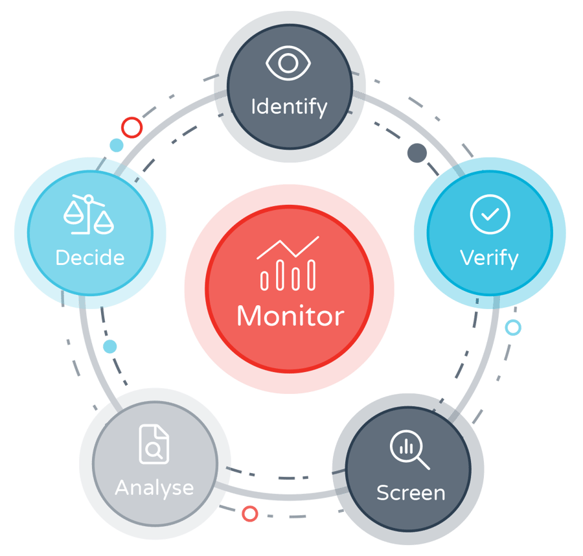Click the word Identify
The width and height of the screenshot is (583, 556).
pos(289,106)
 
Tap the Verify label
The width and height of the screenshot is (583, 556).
pos(489,258)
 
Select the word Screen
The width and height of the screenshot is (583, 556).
pos(411,492)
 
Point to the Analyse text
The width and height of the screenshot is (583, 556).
pos(154,487)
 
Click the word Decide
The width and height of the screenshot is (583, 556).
pos(90,257)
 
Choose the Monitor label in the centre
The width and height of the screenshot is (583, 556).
pos(290,316)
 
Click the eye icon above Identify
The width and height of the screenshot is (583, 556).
pos(289,64)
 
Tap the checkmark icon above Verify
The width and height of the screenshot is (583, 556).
pos(490,214)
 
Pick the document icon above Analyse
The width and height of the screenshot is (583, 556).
pos(154,444)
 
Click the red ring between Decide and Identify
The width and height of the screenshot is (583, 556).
pos(131,127)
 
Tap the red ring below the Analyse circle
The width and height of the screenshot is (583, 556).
pos(250,514)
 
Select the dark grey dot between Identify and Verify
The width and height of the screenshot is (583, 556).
pos(417,153)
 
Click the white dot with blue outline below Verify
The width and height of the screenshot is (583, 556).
pos(513,327)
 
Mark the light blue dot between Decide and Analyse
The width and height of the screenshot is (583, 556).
pos(110,347)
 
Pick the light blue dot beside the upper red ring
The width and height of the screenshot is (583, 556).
pos(116,145)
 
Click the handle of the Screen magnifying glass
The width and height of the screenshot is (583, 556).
pos(423,463)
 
